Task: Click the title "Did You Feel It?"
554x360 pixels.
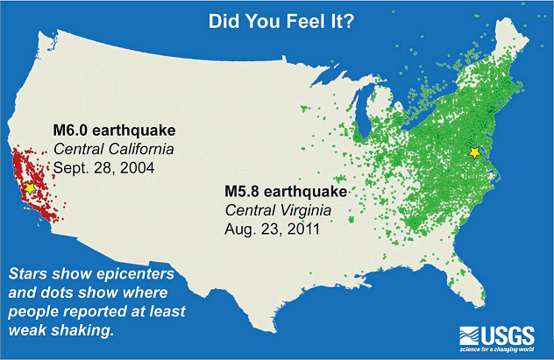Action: click(x=276, y=20)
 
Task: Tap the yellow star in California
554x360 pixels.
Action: click(x=31, y=187)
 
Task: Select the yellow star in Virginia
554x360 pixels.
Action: click(x=474, y=152)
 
